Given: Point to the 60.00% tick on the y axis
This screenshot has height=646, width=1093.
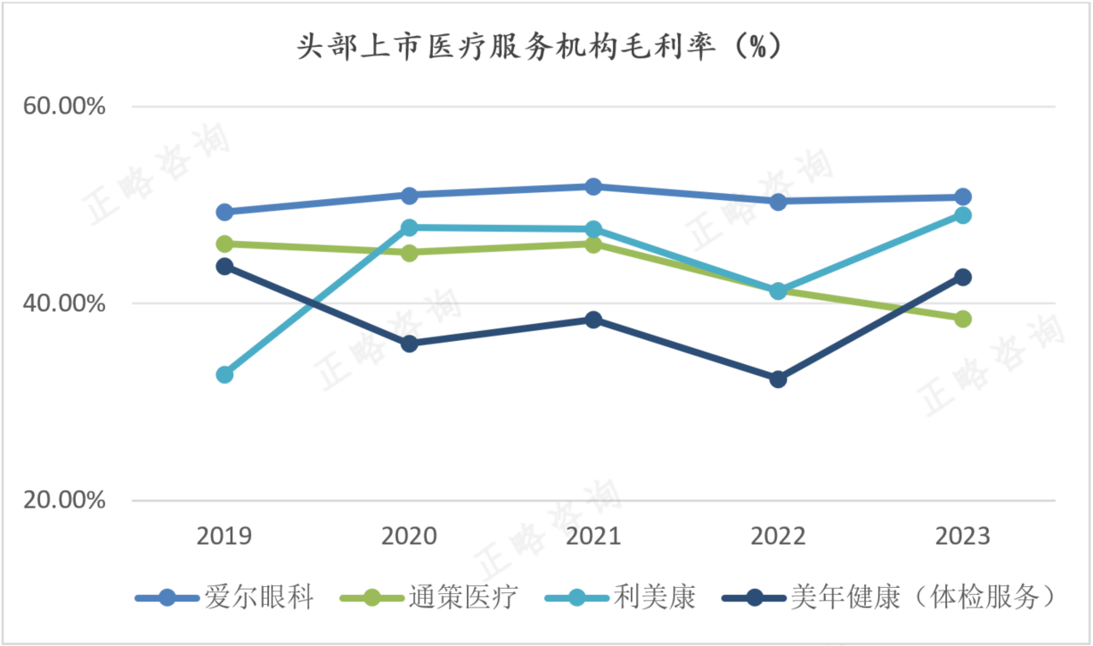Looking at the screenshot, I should [65, 107].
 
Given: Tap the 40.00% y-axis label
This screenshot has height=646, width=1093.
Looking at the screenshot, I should [65, 303].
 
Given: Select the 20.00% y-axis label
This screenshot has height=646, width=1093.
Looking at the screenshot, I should [65, 501].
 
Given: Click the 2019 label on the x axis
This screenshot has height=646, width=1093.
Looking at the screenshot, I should [225, 537].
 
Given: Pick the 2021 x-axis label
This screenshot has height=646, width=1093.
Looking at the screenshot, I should [593, 537].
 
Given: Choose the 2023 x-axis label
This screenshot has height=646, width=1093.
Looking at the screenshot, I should [962, 537].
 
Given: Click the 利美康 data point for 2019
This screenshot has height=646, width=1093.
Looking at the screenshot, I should [225, 374].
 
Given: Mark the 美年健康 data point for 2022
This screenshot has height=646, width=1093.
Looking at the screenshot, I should [778, 379].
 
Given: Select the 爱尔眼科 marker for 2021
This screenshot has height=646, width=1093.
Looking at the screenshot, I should [593, 186].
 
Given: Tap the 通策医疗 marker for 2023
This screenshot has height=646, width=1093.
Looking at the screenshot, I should [962, 319].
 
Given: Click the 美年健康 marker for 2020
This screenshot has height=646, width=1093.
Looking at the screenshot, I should [409, 344].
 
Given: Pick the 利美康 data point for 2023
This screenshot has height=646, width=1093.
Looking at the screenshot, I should [962, 215].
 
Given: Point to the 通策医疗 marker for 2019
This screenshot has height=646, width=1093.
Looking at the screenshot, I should [225, 244].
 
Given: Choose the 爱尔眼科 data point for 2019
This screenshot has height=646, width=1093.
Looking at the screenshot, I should [225, 212].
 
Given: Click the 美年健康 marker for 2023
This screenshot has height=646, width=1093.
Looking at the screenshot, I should [962, 277].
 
